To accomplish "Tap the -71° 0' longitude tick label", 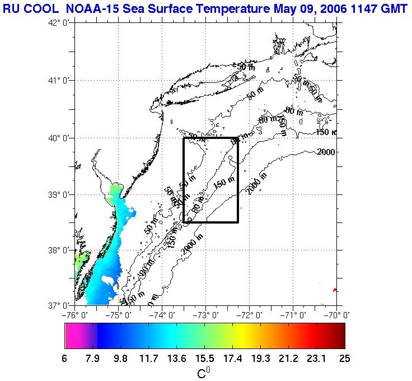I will click(294, 316).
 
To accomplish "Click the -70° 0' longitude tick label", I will click(338, 316).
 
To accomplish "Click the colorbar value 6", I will click(65, 359).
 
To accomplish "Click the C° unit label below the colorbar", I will click(204, 373).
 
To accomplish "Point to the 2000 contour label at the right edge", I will click(327, 152).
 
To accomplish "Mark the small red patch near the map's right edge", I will click(334, 290).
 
